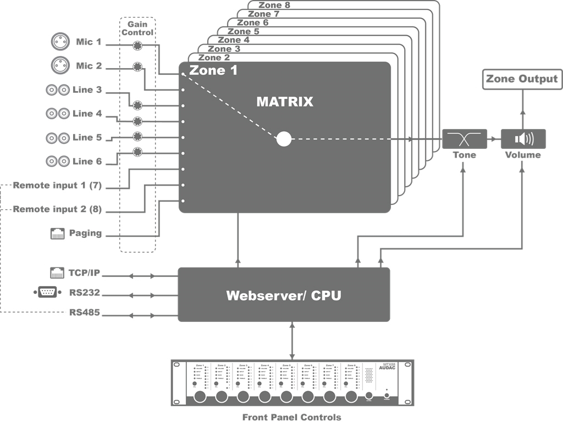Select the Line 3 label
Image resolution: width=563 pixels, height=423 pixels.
(87, 90)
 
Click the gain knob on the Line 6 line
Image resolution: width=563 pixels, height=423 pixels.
(137, 152)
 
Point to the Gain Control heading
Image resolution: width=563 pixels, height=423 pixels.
(137, 29)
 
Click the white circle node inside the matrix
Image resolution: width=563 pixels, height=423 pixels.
(284, 139)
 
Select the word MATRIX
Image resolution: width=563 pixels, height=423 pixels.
(284, 102)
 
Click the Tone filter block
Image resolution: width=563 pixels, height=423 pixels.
(465, 139)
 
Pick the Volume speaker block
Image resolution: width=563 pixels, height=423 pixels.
(523, 139)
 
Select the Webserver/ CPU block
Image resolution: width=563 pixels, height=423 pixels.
(284, 295)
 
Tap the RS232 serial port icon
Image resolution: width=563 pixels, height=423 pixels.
(47, 293)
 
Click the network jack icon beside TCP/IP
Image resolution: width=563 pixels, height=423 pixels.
(58, 272)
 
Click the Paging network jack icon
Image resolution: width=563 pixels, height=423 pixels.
(58, 233)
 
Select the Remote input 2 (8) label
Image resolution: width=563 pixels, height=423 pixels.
(57, 209)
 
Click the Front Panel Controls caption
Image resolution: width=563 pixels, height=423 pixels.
(291, 417)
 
